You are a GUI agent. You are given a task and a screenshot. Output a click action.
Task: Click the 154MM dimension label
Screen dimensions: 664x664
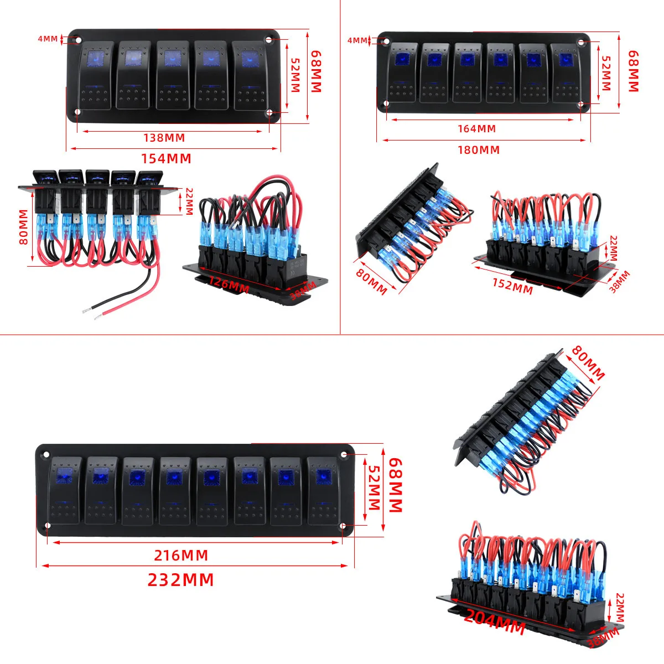point(166,158)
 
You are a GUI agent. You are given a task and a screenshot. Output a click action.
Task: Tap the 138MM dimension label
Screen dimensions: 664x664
point(164,138)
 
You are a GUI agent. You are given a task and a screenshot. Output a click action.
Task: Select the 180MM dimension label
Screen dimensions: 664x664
point(479,150)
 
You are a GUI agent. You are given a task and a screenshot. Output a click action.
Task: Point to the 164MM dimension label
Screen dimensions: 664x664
point(476,128)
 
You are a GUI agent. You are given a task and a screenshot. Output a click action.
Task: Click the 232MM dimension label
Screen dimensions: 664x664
point(180,579)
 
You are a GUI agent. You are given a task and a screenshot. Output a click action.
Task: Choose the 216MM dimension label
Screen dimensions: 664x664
point(181,555)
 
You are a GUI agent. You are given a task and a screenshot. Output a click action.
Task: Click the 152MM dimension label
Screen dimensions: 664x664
point(513,286)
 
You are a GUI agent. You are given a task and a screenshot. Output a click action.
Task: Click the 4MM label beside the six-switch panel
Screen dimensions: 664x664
point(357,40)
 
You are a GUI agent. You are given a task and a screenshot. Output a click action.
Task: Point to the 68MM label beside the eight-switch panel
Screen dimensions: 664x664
point(396,485)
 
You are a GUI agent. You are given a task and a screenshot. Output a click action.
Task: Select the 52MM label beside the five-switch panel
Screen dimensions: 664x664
point(295,75)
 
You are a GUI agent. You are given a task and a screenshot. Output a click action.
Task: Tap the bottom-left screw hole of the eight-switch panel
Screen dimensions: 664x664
point(48,526)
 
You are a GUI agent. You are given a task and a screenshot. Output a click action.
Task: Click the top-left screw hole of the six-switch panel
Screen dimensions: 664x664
point(386,41)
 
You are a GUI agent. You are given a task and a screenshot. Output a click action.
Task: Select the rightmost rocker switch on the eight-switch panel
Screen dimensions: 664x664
point(323,491)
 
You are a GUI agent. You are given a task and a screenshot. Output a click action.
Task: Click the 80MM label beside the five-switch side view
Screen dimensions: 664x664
point(23,227)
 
